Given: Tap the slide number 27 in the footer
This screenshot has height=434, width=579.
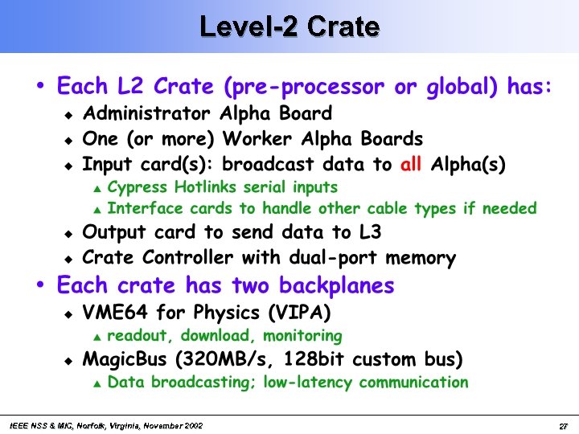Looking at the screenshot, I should [x=564, y=425].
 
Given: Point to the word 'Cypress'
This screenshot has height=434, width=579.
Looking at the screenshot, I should [x=138, y=187].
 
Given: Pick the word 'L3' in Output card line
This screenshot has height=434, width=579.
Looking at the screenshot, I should [x=368, y=233].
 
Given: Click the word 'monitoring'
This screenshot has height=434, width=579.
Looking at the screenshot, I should [x=301, y=335].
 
